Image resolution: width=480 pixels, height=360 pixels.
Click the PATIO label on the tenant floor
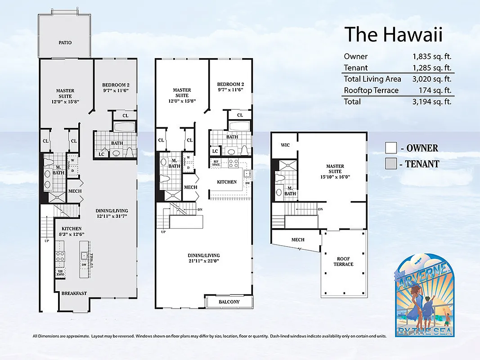(65, 43)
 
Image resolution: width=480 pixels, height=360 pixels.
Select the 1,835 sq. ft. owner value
(432, 57)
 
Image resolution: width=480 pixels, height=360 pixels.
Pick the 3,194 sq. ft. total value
(432, 102)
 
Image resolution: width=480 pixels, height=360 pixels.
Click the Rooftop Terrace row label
(371, 90)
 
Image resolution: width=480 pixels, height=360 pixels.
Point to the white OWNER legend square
(390, 148)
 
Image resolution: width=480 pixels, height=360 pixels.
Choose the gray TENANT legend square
(390, 164)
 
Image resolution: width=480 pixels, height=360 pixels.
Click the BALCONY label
(229, 302)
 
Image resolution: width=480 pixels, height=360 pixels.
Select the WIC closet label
(285, 145)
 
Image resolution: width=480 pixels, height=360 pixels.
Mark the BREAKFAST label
(74, 293)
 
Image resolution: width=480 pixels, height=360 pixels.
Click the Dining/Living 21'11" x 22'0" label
(204, 258)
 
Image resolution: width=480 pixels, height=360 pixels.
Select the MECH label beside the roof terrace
(298, 240)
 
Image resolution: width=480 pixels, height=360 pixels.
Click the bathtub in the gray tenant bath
(125, 127)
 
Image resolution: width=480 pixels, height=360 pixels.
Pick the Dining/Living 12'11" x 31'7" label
(112, 213)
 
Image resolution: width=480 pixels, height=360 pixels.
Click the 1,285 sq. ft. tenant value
(432, 68)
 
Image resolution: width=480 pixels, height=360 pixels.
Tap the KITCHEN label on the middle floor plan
(227, 182)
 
